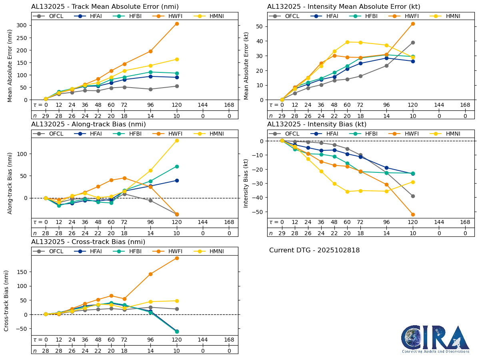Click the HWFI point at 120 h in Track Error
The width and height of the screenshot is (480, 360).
point(177,24)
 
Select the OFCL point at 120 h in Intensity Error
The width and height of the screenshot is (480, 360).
point(413,42)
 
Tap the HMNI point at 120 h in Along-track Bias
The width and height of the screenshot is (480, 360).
point(177,140)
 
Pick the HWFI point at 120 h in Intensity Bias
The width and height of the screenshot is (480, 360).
point(413,214)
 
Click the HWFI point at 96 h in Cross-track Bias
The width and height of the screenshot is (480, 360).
point(150,274)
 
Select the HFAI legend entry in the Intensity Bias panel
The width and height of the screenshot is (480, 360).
point(329,134)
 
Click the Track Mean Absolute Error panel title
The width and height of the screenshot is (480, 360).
point(105,6)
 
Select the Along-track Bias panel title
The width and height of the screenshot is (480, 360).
point(88,124)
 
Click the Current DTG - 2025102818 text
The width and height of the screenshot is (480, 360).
point(314,250)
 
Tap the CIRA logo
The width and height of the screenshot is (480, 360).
point(435,339)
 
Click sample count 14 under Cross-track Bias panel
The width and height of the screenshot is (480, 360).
point(150,351)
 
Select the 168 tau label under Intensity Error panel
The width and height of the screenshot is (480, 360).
point(465,105)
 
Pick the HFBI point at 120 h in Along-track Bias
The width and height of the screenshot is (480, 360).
point(177,166)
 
